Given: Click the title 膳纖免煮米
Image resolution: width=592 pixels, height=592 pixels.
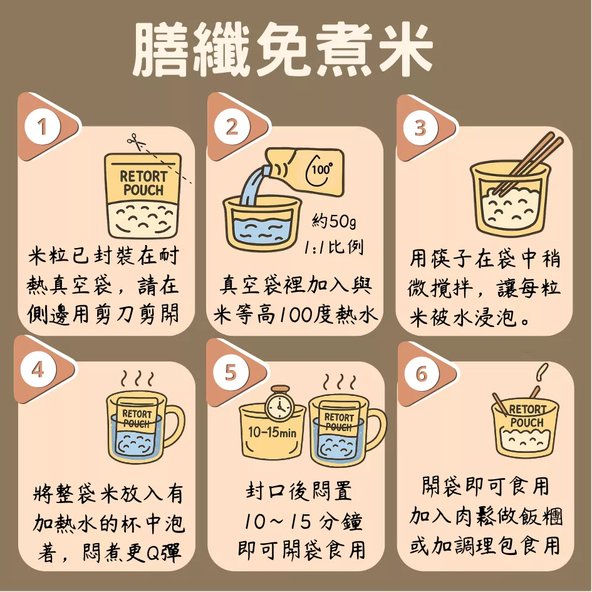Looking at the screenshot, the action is point(283,51).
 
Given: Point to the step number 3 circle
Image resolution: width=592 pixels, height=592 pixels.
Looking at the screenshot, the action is point(420,128).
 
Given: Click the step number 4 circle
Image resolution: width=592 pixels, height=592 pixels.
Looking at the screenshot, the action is point(38,370).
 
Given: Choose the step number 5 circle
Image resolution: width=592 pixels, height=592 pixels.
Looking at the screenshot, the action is point(230,371).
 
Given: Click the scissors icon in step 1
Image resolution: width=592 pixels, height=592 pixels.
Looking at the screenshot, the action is point(135,142).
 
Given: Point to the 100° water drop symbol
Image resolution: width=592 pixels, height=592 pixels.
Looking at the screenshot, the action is point(320,172).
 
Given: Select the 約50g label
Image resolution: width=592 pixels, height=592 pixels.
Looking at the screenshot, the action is point(334,221).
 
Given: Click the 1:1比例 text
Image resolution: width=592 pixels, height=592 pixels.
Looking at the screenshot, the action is point(334,247).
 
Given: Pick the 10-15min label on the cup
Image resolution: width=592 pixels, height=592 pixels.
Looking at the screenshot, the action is point(273,432).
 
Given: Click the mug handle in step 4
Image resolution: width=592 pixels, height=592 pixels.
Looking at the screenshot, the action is point(174,427).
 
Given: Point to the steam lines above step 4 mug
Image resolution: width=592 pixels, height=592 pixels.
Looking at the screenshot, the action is point(137,378).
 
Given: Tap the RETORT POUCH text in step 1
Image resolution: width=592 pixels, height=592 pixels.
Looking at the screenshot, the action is point(143,183).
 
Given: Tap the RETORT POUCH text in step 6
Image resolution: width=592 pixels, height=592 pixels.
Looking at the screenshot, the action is point(527,416).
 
